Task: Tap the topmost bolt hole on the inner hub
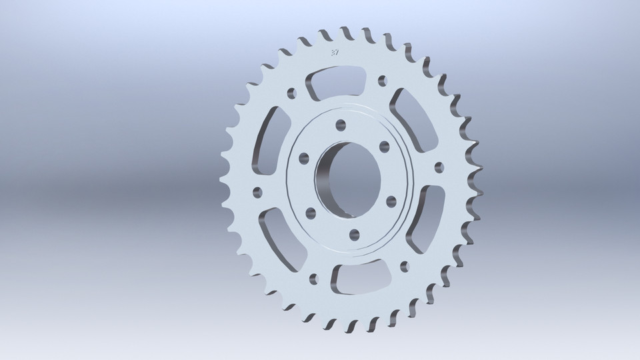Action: pos(341,125)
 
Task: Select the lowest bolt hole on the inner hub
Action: pos(355,233)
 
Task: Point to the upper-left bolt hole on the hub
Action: pos(304,157)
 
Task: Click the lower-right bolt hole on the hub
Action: pos(391,201)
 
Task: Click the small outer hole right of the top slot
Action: pos(382,81)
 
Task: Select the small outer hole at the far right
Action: pos(438,167)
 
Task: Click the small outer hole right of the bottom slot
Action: pos(405,266)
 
